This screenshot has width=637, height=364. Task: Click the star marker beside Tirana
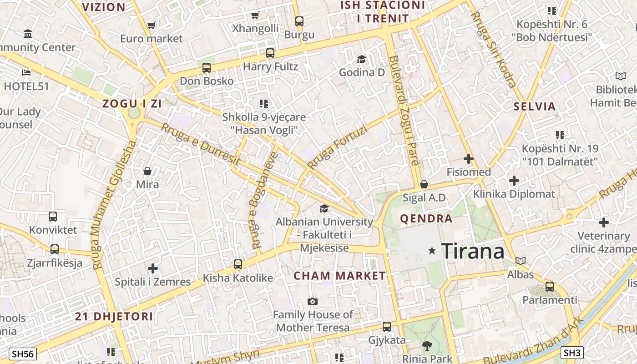coord(432,251)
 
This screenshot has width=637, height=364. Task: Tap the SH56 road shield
coord(23,354)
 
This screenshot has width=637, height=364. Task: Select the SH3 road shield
coord(572,352)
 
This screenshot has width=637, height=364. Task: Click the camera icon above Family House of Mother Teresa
coord(312,301)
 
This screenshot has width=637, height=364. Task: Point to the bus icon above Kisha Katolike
coord(238,264)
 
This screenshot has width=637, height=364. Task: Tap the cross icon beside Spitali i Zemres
coord(153,268)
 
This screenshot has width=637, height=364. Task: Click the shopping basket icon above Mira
coord(147,171)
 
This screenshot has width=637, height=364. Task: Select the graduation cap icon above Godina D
coord(361,59)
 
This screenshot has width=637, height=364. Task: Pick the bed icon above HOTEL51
coord(26,72)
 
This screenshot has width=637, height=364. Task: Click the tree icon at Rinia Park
coord(427,346)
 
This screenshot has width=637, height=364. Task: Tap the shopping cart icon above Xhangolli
coord(255,15)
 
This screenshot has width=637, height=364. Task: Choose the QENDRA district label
coord(426,219)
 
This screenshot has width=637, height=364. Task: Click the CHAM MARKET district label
coord(339,276)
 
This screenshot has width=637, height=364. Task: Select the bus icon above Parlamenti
coord(550,287)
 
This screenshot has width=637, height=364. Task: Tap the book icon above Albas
coord(521,261)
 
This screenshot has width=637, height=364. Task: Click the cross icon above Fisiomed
coord(468,159)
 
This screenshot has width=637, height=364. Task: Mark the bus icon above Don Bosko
coord(207,68)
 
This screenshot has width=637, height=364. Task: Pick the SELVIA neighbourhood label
coord(535,107)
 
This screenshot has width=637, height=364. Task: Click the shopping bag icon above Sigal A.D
coord(424,184)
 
